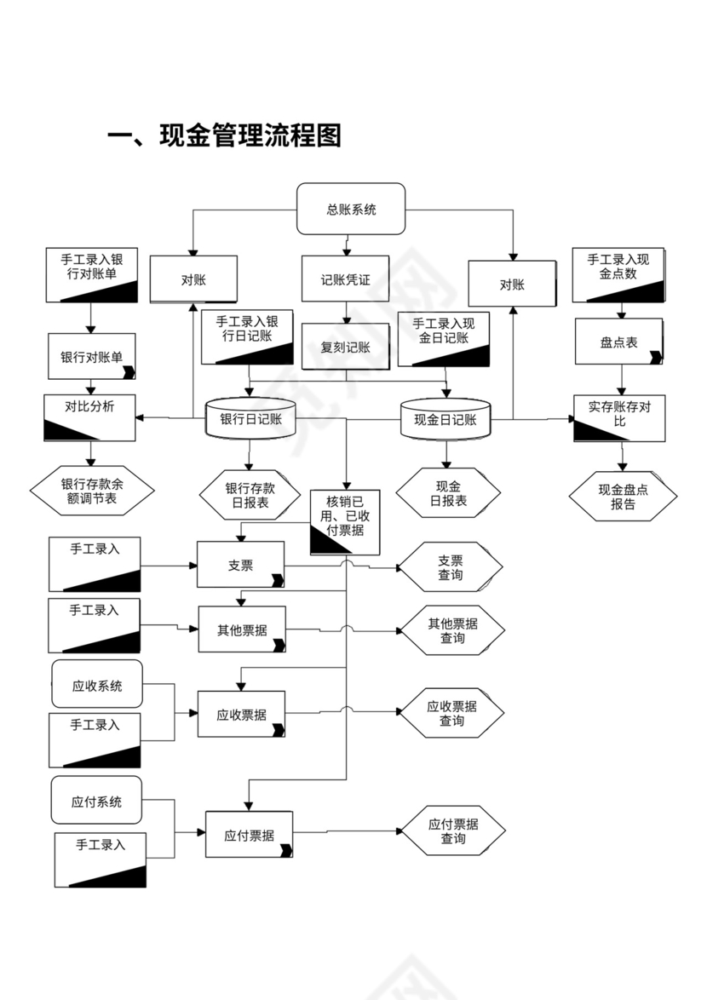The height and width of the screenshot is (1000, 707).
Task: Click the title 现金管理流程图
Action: click(224, 135)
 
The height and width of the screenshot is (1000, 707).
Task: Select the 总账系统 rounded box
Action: click(350, 209)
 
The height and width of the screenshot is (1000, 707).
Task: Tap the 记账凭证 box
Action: click(345, 279)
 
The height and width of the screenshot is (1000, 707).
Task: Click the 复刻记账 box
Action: click(345, 347)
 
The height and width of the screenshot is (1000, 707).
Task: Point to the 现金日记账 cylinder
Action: click(445, 419)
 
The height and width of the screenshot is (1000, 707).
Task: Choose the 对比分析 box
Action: click(89, 417)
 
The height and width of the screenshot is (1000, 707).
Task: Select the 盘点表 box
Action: click(618, 342)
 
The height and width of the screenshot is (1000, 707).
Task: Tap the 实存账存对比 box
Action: click(618, 417)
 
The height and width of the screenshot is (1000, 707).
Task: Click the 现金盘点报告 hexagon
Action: click(623, 496)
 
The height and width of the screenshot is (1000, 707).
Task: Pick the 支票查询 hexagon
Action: click(451, 567)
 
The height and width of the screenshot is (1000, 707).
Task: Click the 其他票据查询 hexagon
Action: click(452, 630)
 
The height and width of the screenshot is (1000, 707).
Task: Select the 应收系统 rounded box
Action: click(97, 684)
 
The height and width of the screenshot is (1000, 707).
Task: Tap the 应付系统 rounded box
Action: click(96, 801)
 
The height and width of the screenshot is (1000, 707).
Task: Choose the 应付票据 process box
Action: click(249, 835)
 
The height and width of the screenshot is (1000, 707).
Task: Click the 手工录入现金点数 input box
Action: click(618, 274)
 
